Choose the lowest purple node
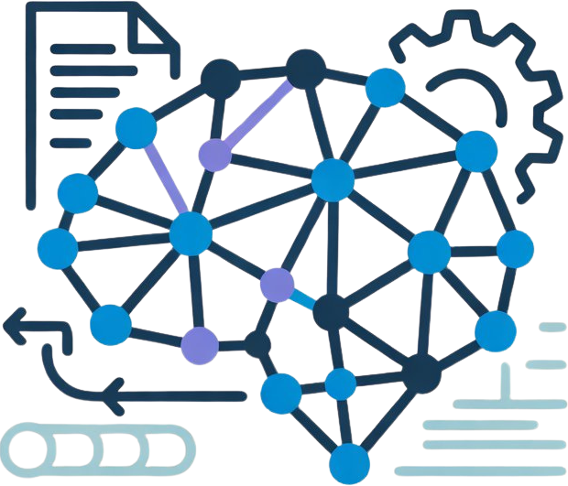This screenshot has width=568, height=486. (200, 344)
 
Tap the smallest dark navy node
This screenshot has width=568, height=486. (258, 345)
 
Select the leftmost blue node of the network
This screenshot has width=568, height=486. (57, 248)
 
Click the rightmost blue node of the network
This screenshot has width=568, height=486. (516, 248)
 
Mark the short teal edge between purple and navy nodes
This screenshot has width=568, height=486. (304, 297)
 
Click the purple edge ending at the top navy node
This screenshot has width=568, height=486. (260, 111)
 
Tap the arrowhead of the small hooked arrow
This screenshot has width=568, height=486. (13, 322)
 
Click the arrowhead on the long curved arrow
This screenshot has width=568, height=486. (114, 395)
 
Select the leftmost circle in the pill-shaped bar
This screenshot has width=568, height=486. (28, 449)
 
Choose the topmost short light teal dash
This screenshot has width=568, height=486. (552, 326)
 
